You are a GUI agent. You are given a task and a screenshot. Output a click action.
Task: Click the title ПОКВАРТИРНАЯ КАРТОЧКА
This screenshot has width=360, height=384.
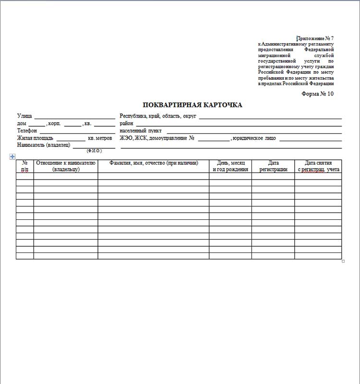coord(192,105)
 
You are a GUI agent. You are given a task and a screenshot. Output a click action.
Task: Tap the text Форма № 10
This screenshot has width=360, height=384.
coord(317,94)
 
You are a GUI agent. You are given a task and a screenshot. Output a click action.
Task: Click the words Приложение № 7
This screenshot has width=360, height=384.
coord(315,38)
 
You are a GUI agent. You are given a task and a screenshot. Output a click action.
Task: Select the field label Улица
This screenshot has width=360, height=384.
coord(24,116)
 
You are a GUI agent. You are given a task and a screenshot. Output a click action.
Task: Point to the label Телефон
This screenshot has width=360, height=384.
coord(27,131)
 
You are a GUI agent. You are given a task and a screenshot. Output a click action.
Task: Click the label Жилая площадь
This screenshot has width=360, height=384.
coord(35,138)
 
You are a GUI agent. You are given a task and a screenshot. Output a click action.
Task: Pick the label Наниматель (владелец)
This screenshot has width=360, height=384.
coord(44,144)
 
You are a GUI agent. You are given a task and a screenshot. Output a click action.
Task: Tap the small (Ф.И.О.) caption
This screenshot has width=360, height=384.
coord(94,151)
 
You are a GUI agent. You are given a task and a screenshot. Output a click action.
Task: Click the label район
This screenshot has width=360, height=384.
coord(126,123)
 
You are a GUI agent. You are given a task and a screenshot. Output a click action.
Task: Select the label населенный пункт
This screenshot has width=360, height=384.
coord(141,131)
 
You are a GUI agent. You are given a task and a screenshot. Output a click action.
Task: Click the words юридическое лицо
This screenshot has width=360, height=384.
coord(254,138)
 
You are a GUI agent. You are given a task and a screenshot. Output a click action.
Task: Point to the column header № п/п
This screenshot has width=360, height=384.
coord(25,166)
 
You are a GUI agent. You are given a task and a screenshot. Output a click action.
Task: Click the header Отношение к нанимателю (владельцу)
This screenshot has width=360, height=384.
coord(66,166)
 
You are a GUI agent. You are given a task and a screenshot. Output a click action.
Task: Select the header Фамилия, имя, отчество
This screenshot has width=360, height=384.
coord(154,163)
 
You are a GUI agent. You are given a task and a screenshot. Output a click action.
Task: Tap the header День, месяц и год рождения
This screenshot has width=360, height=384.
coord(230,166)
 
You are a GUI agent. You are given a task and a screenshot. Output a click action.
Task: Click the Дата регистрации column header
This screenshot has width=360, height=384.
coord(273,166)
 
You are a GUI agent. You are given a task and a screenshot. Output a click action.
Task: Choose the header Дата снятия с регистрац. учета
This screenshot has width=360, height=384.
coord(318,166)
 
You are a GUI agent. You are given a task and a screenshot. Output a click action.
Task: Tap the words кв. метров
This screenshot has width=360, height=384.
coord(100,138)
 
